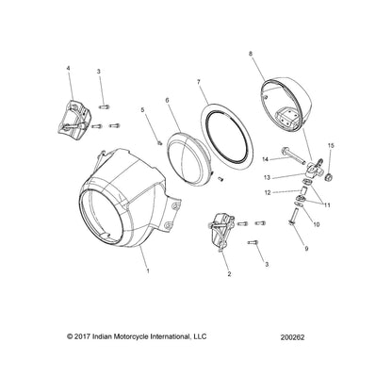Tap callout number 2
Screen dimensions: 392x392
point(228,274)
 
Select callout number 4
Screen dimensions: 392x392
point(68,69)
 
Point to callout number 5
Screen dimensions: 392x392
point(143,111)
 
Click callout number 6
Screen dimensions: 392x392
point(167,99)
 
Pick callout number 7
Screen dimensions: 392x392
point(199,84)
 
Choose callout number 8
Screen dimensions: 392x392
point(251,55)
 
